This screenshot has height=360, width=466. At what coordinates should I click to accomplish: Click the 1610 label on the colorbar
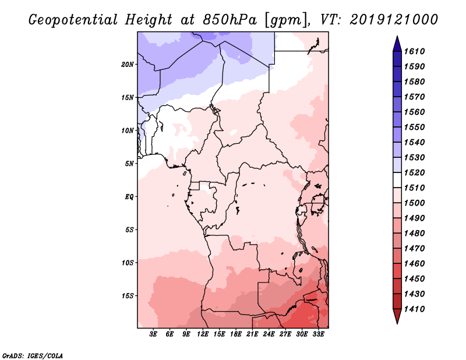[417, 51]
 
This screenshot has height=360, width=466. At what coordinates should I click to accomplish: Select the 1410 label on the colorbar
[417, 309]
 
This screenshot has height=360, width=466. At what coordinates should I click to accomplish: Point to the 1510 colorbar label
[417, 188]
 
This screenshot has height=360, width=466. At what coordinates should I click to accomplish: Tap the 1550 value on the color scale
[417, 127]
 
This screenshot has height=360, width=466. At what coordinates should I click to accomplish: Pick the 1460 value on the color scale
[417, 263]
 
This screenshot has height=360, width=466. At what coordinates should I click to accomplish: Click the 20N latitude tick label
[128, 64]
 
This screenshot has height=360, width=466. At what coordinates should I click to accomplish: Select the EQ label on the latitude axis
[129, 197]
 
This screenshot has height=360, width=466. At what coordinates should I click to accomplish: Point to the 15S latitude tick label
[128, 296]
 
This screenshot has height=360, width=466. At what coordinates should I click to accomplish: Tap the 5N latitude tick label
[129, 164]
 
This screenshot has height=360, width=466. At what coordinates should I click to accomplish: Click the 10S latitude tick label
[128, 263]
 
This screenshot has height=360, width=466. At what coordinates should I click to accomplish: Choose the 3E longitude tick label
[154, 334]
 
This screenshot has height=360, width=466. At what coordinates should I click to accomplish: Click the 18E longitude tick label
[236, 334]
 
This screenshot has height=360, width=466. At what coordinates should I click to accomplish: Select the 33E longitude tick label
[318, 334]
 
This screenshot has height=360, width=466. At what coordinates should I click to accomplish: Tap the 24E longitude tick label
[269, 334]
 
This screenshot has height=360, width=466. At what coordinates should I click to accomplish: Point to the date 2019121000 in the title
[394, 19]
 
